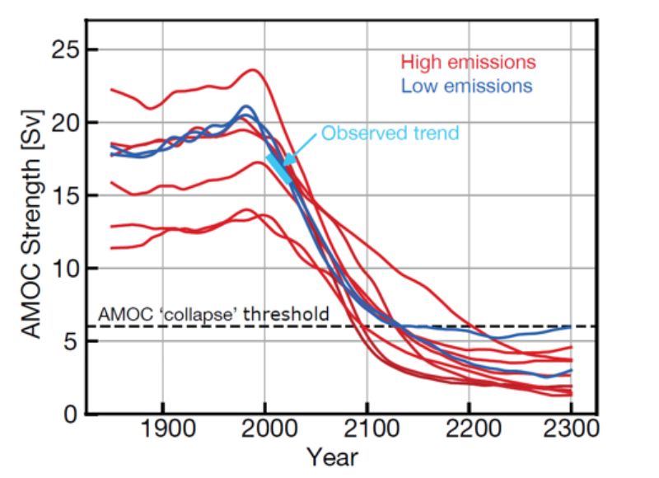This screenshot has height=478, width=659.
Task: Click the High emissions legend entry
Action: pos(467,62)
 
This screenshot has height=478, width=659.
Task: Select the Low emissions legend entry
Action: pos(465,85)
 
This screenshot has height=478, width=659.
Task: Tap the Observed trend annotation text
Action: pos(390,133)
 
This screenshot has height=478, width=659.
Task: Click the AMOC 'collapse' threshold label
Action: pos(213,313)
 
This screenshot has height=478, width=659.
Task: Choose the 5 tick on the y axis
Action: pos(69,341)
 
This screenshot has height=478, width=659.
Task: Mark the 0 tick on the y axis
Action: pos(69,414)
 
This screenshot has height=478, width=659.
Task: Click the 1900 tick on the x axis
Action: pos(162,431)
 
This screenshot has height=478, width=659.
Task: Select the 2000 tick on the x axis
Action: pos(264,431)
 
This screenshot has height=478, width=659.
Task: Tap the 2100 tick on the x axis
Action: pos(367,431)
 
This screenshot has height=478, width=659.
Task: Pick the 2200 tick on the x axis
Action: pos(469,431)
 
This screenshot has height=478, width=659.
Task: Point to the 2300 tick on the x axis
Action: pos(570,431)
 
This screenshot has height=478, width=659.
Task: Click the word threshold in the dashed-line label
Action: pos(292,313)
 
